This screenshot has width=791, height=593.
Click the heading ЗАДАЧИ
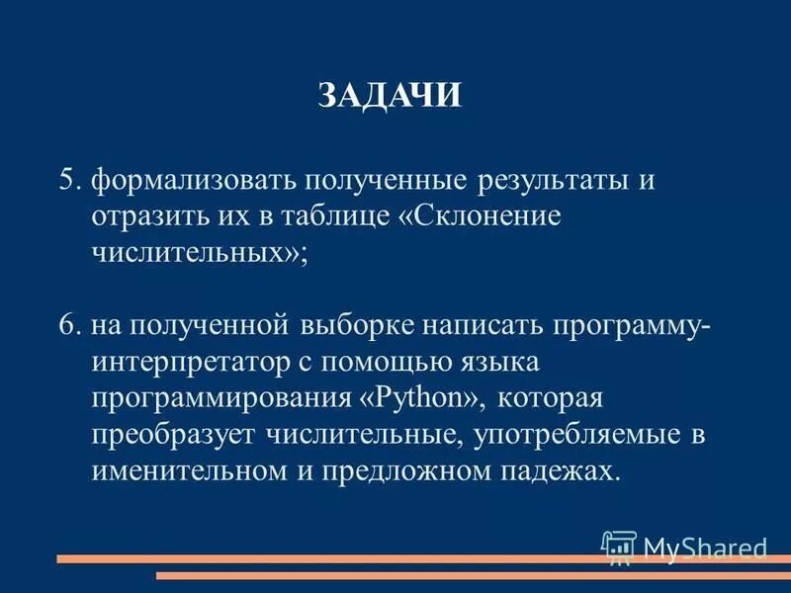click(x=391, y=95)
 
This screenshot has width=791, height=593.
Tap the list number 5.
click(x=68, y=181)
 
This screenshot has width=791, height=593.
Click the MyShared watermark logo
click(x=685, y=547)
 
